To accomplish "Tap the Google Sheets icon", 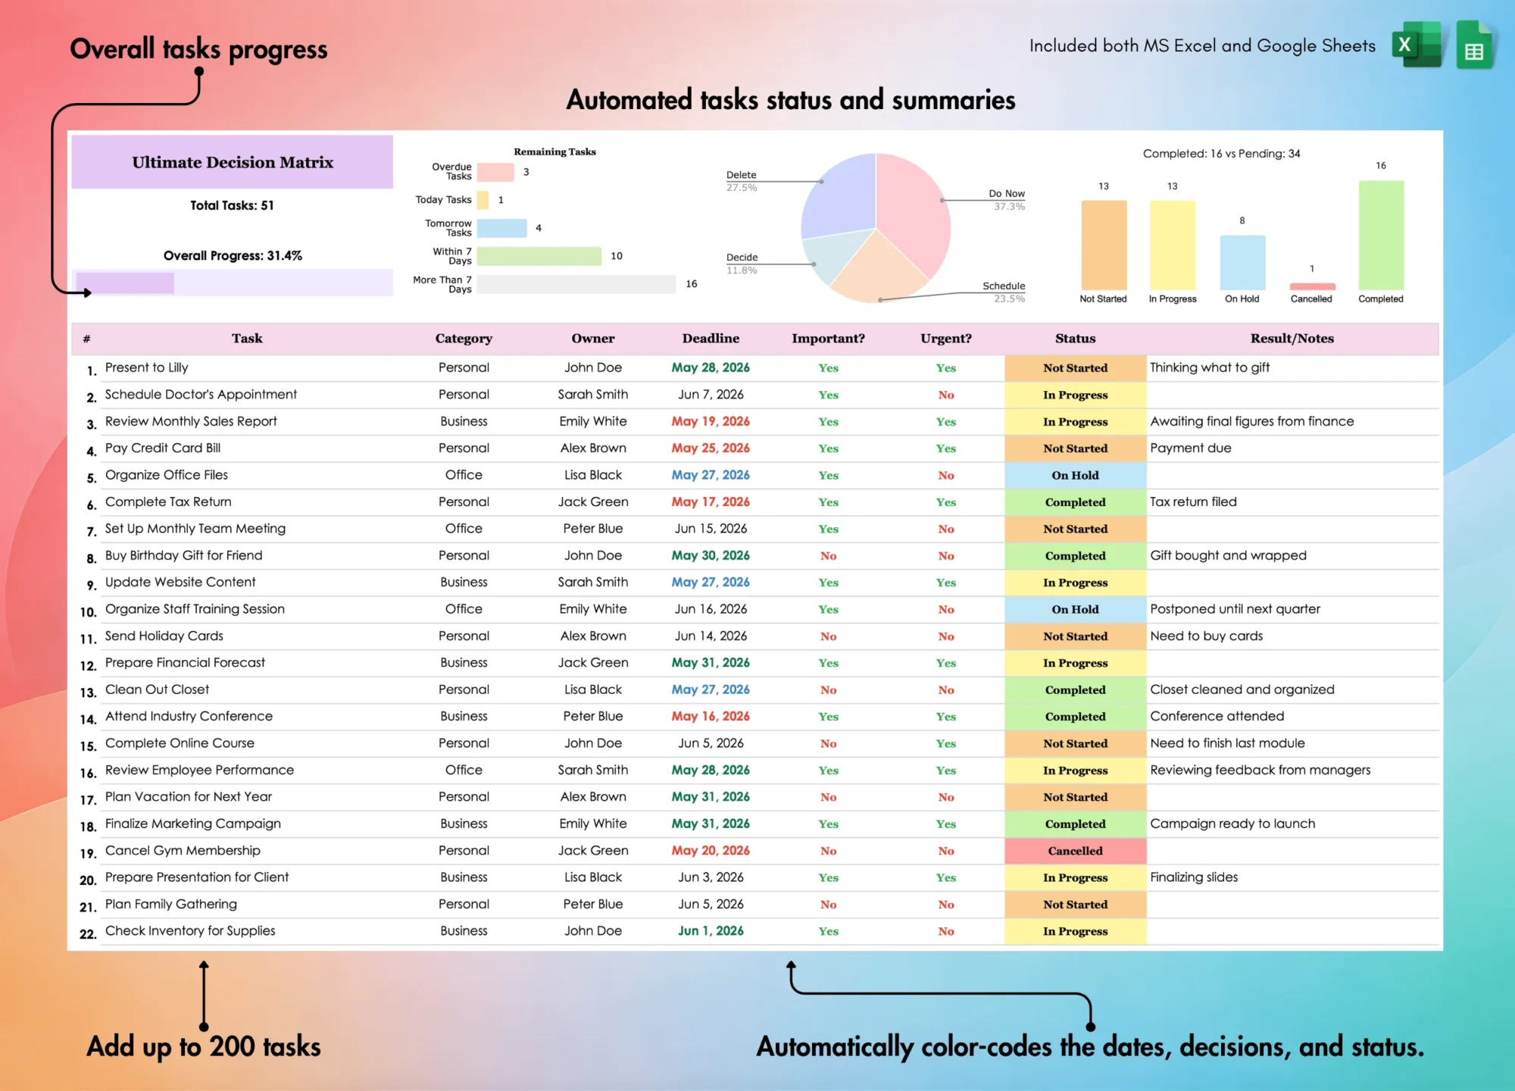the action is pos(1474,45).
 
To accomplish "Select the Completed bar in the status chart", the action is pos(1381,235).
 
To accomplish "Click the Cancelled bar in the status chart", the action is pos(1312,286).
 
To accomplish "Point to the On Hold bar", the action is pos(1242,262).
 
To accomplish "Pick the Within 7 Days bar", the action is pos(539,256).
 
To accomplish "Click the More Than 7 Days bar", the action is pos(576,284).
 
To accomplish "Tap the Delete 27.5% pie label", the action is pos(742,181).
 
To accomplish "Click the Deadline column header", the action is pos(711,339).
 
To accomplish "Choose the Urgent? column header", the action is pos(946,339).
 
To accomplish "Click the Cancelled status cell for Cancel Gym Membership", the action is pos(1075,851).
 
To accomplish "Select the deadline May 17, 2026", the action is pos(711,502).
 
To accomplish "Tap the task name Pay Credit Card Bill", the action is pos(163,448).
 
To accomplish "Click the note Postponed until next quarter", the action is pos(1235,609).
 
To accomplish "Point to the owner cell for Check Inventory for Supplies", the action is pos(593,931).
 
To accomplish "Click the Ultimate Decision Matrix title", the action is pos(233,162).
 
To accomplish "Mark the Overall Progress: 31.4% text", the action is pos(233,256).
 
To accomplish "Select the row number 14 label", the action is pos(88,720).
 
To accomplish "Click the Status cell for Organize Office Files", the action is pos(1075,476).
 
